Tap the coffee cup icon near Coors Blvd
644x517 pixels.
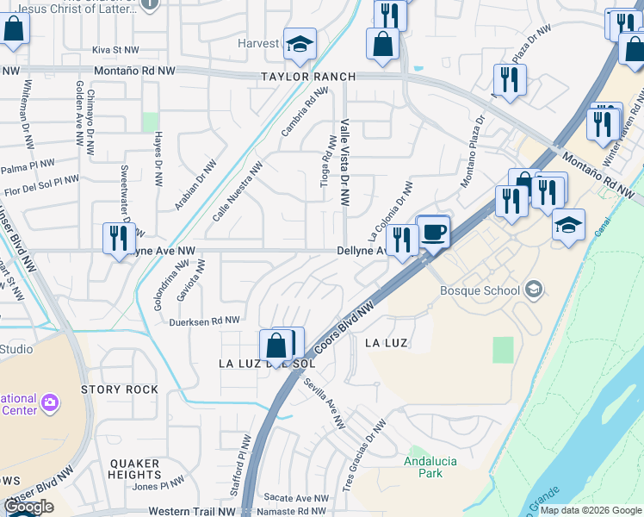[435, 232]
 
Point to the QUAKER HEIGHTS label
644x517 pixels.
[135, 469]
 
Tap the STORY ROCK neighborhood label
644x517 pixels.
[120, 389]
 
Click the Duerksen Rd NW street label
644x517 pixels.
[204, 321]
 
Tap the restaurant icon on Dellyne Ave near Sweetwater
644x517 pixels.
[118, 237]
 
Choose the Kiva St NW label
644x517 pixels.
[115, 51]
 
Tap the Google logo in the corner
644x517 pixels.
[28, 507]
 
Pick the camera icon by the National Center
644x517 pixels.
[50, 402]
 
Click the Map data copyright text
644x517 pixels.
[591, 510]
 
